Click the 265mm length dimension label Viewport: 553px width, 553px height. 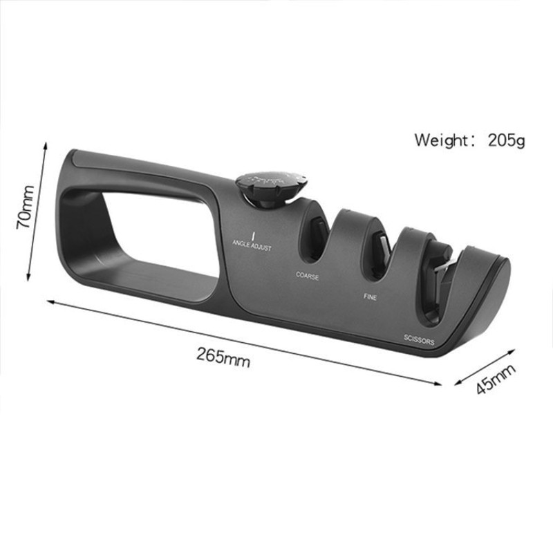pos(223,356)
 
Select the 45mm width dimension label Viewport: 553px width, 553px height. pos(496,379)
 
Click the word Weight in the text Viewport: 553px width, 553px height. pos(440,140)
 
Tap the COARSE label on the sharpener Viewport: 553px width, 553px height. pos(307,275)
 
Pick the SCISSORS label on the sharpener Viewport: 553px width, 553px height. pos(419,339)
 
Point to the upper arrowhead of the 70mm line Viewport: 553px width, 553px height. pos(46,145)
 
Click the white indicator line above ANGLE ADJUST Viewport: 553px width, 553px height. pos(254,235)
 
